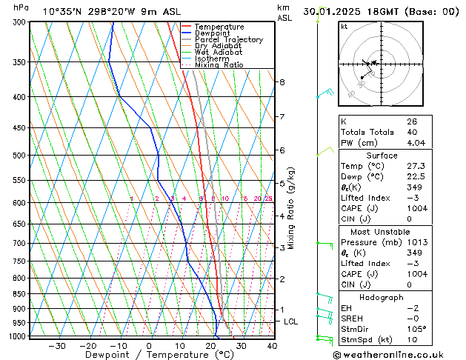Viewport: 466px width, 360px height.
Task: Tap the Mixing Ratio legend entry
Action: pos(219,65)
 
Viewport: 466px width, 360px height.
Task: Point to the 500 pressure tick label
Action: pos(19,156)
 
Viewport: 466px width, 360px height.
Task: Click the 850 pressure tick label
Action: pos(19,294)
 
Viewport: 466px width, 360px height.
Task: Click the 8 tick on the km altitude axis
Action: pos(282,81)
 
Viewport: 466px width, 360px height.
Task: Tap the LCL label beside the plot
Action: pos(291,321)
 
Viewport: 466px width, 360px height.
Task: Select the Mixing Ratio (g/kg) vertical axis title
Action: pos(292,208)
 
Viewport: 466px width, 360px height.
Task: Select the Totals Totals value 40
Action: pos(412,133)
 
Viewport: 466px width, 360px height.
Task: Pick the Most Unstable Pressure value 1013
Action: pos(417,241)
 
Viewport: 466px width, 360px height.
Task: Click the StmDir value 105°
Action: pos(416,329)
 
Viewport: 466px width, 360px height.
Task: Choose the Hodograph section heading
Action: pos(381,297)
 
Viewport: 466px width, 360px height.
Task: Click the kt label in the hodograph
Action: pos(344,27)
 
